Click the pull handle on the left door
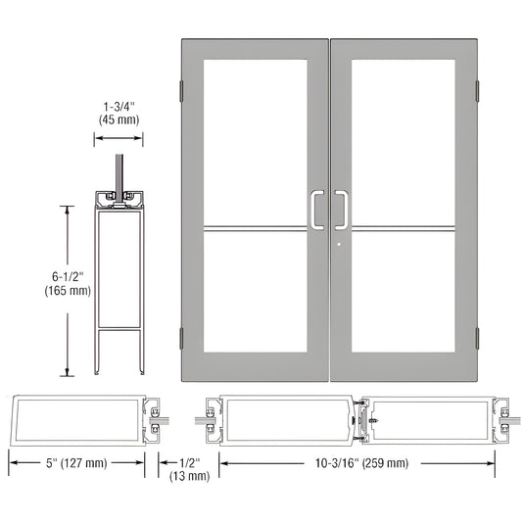pos(313,208)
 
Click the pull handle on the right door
pos(344,208)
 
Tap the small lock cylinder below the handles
pos(337,247)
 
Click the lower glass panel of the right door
pos(404,294)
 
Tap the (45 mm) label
pos(117,119)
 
